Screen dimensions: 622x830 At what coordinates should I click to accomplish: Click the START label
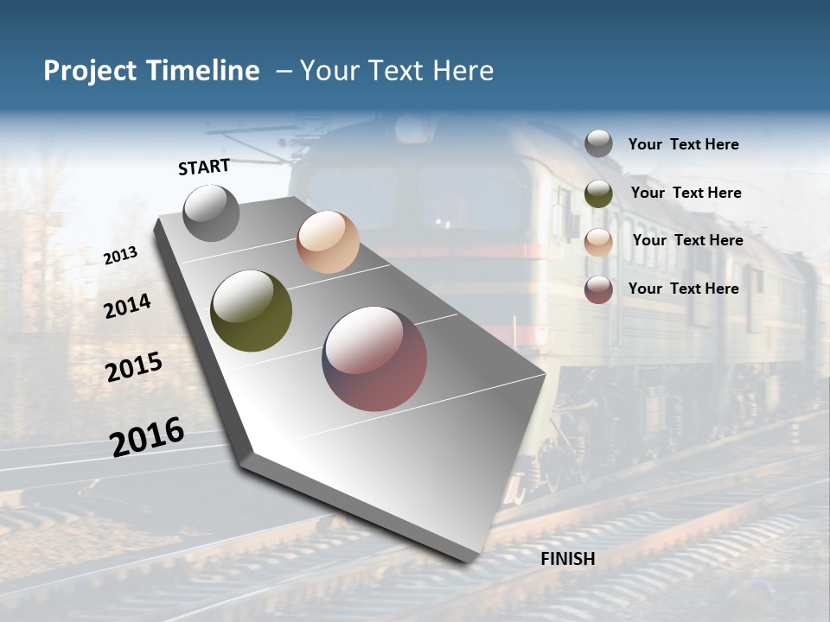(204, 167)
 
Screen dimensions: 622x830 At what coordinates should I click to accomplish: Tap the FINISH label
(568, 559)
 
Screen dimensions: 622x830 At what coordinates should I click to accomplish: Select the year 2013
(120, 256)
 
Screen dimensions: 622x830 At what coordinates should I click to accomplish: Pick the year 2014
(127, 306)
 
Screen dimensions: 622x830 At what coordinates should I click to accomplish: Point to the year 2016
(147, 436)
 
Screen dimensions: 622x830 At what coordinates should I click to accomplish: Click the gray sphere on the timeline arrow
(211, 213)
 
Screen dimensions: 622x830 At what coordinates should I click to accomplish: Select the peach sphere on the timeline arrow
(328, 242)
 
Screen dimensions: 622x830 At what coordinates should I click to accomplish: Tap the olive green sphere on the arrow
(252, 311)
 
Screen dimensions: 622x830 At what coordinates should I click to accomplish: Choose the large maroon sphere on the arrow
(374, 359)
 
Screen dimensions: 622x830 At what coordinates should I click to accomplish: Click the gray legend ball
(598, 144)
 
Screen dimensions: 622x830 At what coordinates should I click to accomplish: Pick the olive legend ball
(598, 194)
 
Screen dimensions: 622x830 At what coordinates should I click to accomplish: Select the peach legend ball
(598, 241)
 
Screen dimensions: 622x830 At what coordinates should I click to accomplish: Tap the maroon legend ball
(598, 289)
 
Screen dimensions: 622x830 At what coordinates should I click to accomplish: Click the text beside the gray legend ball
(683, 144)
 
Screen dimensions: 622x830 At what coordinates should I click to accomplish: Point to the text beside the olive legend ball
(686, 193)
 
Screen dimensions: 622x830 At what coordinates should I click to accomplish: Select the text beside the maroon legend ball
(683, 289)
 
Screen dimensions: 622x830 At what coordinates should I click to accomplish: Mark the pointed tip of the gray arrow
(471, 560)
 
